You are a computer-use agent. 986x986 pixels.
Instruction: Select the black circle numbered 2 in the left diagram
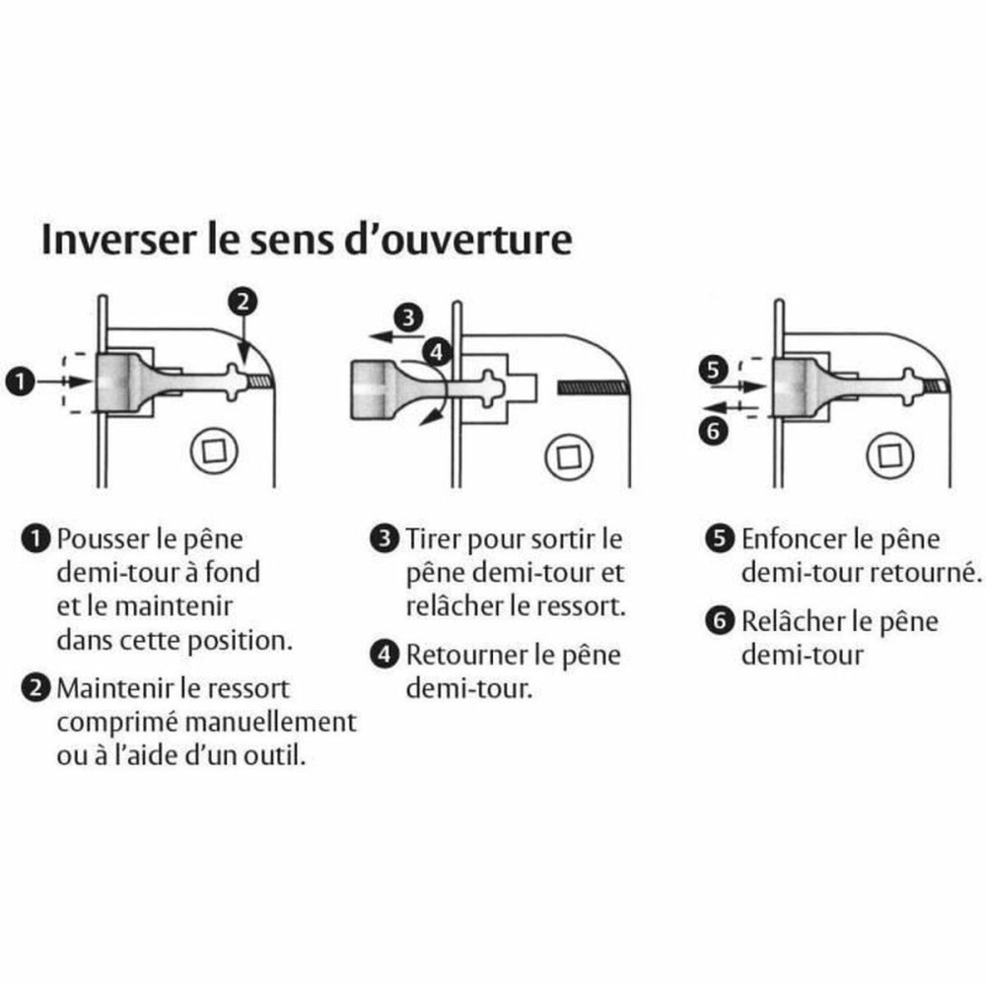click(244, 302)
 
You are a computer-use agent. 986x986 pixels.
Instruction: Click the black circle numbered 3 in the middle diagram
click(406, 317)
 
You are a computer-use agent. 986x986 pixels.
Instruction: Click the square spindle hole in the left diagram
click(214, 455)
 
